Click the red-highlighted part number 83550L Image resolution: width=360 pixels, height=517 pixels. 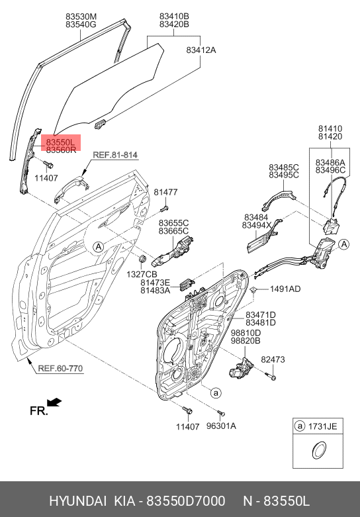click(x=61, y=142)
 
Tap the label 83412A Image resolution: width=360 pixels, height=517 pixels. click(x=201, y=50)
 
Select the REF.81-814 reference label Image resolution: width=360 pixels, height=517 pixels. click(x=115, y=155)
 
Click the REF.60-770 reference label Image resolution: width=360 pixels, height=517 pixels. click(x=60, y=368)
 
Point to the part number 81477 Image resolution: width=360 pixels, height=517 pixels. click(x=165, y=192)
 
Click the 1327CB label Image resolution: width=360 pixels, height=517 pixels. click(x=142, y=274)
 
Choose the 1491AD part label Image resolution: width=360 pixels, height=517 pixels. click(x=285, y=289)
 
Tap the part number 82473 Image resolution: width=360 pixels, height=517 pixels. click(x=273, y=359)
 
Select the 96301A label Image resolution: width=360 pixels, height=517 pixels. click(x=221, y=426)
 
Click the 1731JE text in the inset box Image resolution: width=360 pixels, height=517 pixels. click(x=322, y=426)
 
